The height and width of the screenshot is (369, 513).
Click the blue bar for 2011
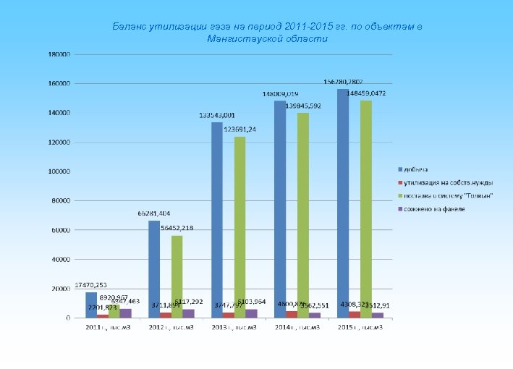pos(91,305)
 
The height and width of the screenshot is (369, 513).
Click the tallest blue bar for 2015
pos(343,203)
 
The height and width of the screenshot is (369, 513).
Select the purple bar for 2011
pos(126,313)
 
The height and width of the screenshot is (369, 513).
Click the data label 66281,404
pos(154,213)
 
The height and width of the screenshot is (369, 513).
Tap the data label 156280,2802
pos(344,82)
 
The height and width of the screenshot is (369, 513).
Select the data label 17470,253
pos(91,285)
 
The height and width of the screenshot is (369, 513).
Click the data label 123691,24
pos(239,130)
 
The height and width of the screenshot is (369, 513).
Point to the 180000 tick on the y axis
pos(59,54)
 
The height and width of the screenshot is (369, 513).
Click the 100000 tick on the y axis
pos(59,171)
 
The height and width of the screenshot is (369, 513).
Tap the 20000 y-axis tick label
pos(62,289)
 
